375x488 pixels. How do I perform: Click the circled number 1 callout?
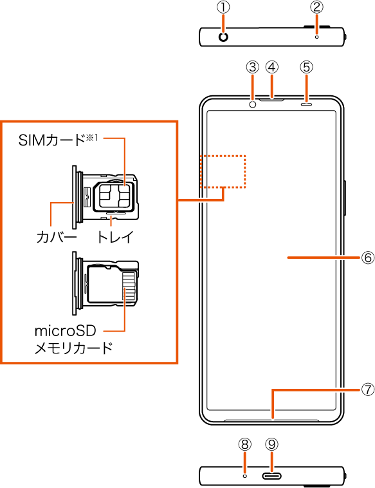223,8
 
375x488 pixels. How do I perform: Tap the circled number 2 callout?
317,8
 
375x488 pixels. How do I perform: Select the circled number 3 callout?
253,67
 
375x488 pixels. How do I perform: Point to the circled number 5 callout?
307,67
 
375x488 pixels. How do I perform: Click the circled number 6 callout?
368,258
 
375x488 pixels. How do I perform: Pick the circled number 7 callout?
368,389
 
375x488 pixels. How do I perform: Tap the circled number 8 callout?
245,444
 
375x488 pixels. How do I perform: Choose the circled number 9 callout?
272,444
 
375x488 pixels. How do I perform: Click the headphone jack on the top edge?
223,37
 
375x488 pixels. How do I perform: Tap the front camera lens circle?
253,104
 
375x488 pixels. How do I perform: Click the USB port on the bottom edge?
272,476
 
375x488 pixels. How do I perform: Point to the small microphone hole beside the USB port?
245,476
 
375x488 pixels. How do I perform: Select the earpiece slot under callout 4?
272,100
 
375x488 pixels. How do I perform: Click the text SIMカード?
51,141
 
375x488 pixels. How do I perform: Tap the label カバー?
56,238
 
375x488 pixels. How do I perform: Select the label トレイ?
115,238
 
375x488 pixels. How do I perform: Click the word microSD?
66,331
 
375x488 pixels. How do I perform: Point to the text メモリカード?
73,348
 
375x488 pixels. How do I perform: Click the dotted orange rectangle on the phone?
223,156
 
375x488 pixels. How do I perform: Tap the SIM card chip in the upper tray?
114,195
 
